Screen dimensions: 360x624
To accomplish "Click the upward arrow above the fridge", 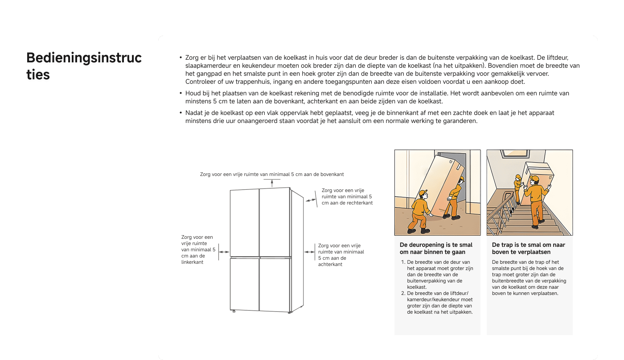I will (x=272, y=183).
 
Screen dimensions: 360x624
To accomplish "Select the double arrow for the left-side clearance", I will (x=224, y=252).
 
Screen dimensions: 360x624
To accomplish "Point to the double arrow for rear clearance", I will (x=309, y=252).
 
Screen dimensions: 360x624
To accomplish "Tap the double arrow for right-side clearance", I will (x=310, y=200).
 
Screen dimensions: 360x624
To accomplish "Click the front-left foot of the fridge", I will (x=234, y=311).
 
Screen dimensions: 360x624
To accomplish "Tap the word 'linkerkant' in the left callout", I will (x=192, y=262).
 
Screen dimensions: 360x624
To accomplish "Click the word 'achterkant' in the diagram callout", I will (x=330, y=264).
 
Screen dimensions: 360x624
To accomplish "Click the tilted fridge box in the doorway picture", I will (x=441, y=183).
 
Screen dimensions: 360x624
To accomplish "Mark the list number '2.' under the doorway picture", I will (x=403, y=293).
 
